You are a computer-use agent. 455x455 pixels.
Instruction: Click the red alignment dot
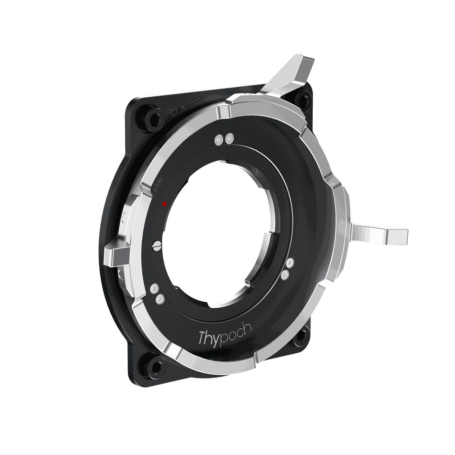point(164,204)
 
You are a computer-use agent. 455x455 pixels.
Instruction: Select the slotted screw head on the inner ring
point(156,245)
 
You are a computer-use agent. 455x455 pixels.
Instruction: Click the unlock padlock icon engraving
point(173,111)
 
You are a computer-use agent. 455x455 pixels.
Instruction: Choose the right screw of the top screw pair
point(229,137)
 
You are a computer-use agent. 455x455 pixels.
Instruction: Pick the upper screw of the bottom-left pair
point(154,287)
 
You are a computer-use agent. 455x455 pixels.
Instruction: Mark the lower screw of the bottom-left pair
point(159,298)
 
